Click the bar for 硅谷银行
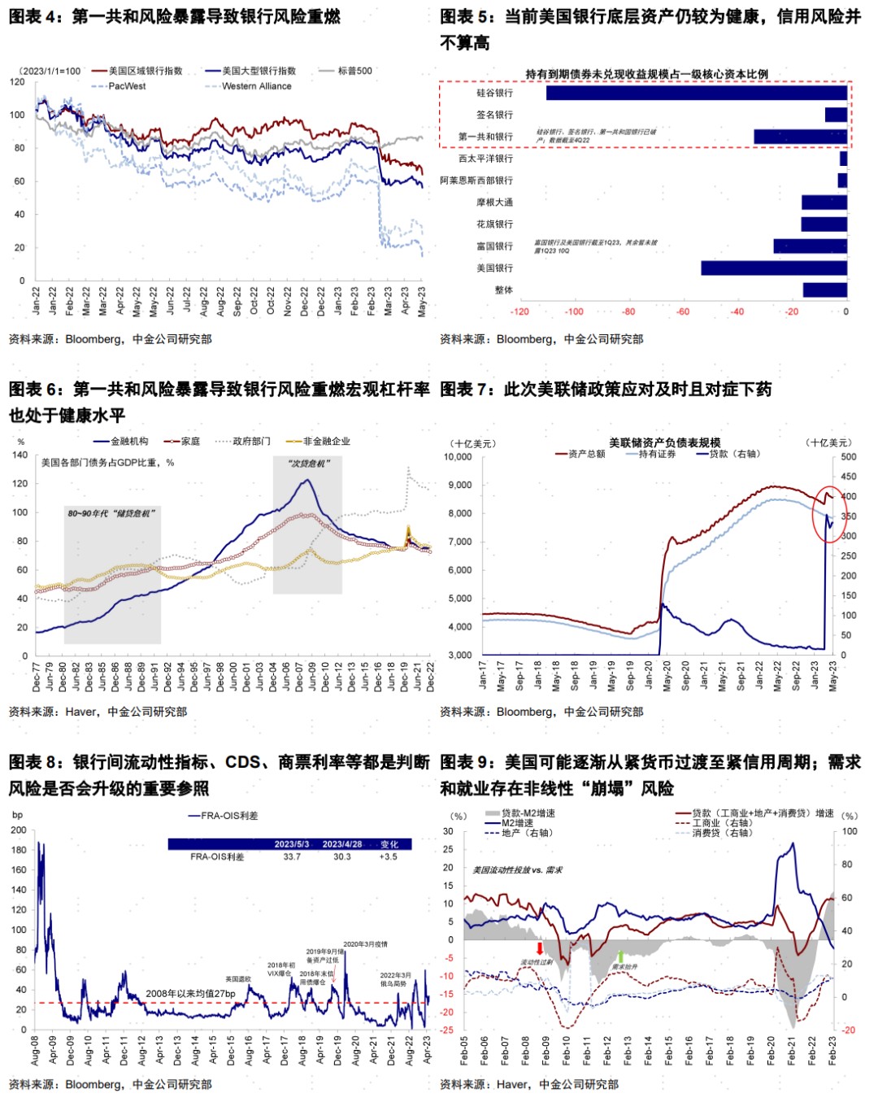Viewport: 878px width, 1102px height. point(696,93)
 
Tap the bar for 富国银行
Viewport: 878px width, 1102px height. point(810,246)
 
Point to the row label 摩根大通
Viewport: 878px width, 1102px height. point(494,203)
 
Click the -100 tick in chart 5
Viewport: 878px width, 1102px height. point(574,311)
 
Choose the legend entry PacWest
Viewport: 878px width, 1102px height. point(127,86)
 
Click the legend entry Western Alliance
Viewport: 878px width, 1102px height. point(256,86)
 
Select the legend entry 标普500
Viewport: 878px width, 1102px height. point(354,71)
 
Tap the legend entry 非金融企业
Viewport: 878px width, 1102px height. point(326,441)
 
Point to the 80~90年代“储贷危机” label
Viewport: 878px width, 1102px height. point(111,513)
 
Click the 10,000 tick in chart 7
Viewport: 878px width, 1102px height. point(458,457)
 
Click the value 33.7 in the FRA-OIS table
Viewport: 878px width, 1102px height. point(292,856)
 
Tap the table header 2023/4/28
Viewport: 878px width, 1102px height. point(341,844)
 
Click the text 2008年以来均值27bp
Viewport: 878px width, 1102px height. point(190,994)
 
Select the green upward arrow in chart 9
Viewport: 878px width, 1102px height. point(620,956)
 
